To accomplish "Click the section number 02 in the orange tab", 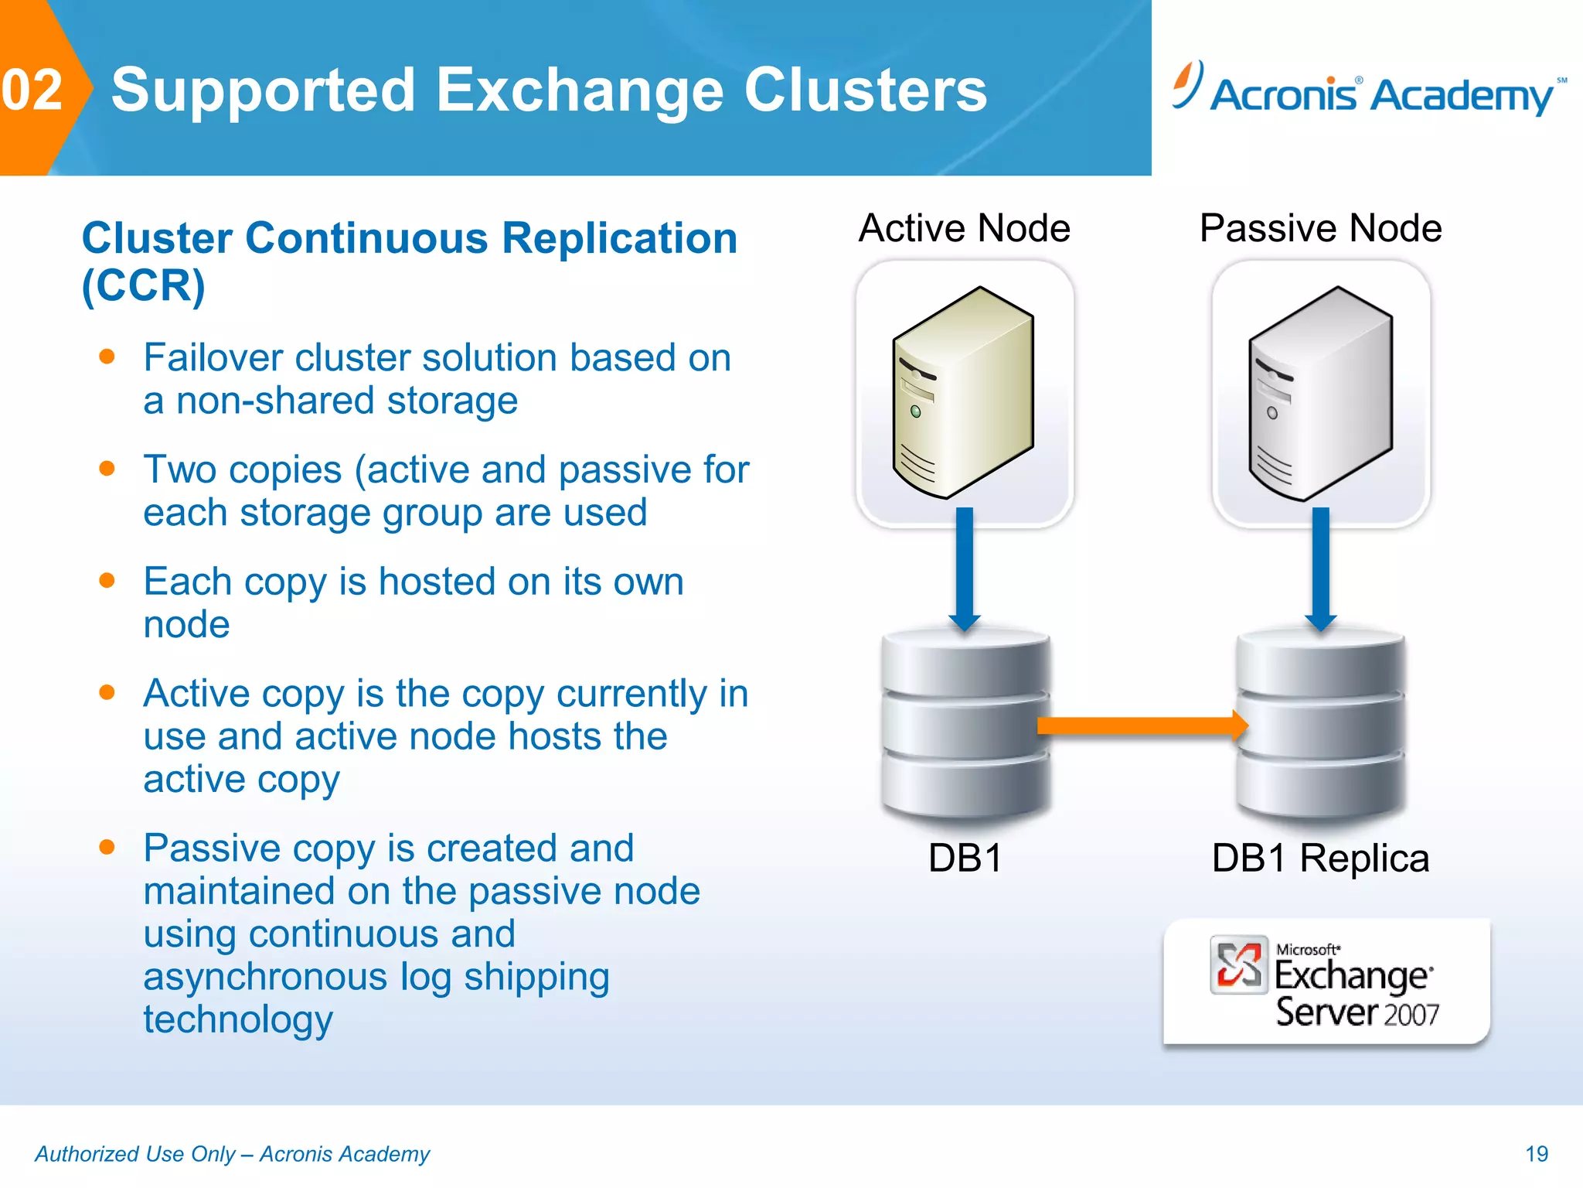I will (32, 90).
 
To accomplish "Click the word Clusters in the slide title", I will (865, 90).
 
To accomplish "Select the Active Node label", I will (964, 228).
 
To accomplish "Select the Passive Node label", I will (1320, 228).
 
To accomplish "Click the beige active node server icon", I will (963, 392).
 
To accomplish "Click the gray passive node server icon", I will (1320, 394).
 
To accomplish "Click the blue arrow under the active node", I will (964, 568).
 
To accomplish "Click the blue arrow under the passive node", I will (1320, 568).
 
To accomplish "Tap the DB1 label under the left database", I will (965, 858).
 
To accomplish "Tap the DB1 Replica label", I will (1320, 858).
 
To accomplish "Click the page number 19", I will (1536, 1154).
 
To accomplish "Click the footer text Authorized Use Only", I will (135, 1154).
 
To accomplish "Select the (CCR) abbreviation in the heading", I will (144, 285).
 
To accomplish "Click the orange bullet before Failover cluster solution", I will (107, 357).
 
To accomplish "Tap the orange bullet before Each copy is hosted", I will (107, 580).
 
